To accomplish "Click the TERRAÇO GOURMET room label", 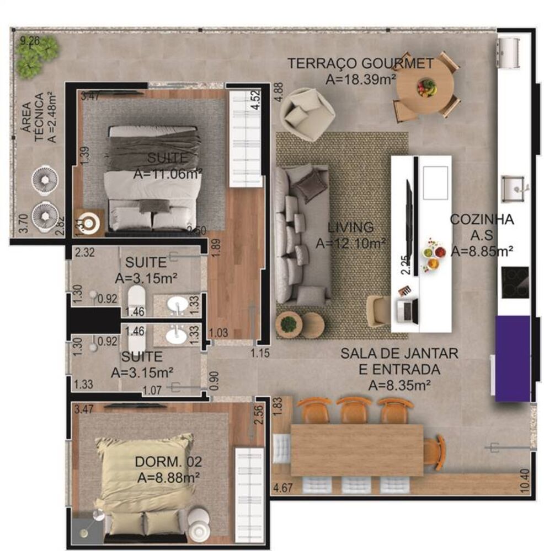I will point(360,64).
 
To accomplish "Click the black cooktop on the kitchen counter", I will point(515,280).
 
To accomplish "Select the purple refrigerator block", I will point(513,358).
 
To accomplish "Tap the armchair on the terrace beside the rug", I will point(306,113).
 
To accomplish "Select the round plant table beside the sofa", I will point(287,324).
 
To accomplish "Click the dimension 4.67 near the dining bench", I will point(282,487).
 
